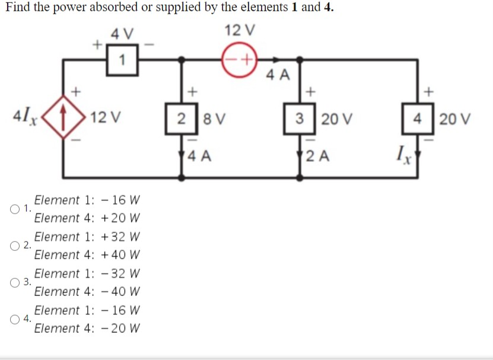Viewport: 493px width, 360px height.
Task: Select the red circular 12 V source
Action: click(238, 59)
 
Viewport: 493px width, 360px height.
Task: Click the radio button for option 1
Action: click(14, 209)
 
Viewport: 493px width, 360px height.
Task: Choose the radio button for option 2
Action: click(14, 246)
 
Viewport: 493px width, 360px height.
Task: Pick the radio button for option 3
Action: click(14, 282)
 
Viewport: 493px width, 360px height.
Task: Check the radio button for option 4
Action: click(14, 319)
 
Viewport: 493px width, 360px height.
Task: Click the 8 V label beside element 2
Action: click(212, 117)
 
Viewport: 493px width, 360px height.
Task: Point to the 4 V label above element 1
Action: click(122, 34)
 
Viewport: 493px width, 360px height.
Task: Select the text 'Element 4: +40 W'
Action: click(87, 254)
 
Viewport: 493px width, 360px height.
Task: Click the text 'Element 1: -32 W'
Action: click(87, 273)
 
